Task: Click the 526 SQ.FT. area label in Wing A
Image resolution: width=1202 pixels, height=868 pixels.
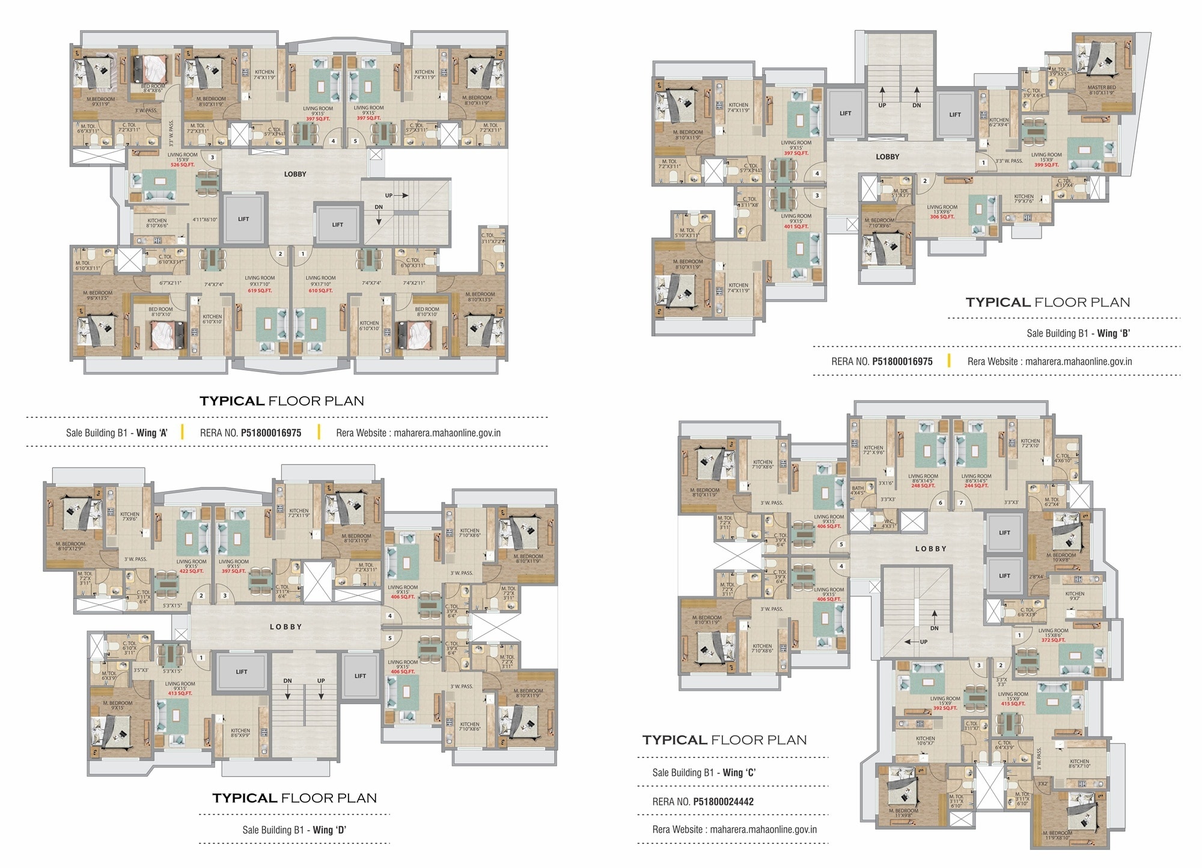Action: (x=183, y=165)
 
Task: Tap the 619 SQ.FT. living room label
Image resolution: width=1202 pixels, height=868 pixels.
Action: (x=260, y=291)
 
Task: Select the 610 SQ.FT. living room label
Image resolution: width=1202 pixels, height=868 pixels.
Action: (x=320, y=291)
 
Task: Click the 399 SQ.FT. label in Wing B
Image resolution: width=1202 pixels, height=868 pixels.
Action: (x=1046, y=165)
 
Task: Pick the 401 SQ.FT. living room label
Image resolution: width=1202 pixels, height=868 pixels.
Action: (x=796, y=227)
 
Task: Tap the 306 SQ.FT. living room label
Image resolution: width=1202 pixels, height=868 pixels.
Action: (x=942, y=217)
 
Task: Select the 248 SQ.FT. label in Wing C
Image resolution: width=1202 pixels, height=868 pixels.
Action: (x=923, y=486)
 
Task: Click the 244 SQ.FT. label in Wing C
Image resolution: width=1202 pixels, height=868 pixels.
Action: (x=976, y=486)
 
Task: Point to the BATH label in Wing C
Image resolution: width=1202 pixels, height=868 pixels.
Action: (x=858, y=489)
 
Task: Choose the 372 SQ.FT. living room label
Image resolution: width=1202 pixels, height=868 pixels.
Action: (x=1053, y=640)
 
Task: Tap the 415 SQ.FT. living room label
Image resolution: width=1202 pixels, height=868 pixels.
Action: (x=1013, y=704)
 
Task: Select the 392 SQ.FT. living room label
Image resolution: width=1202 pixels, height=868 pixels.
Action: (x=945, y=708)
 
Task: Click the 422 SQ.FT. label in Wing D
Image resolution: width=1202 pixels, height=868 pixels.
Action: (x=192, y=571)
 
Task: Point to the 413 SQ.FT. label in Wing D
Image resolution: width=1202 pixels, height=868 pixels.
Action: (x=180, y=693)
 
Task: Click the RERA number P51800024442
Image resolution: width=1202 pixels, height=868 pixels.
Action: (x=723, y=801)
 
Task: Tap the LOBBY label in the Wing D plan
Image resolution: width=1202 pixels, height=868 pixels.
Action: (x=285, y=626)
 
